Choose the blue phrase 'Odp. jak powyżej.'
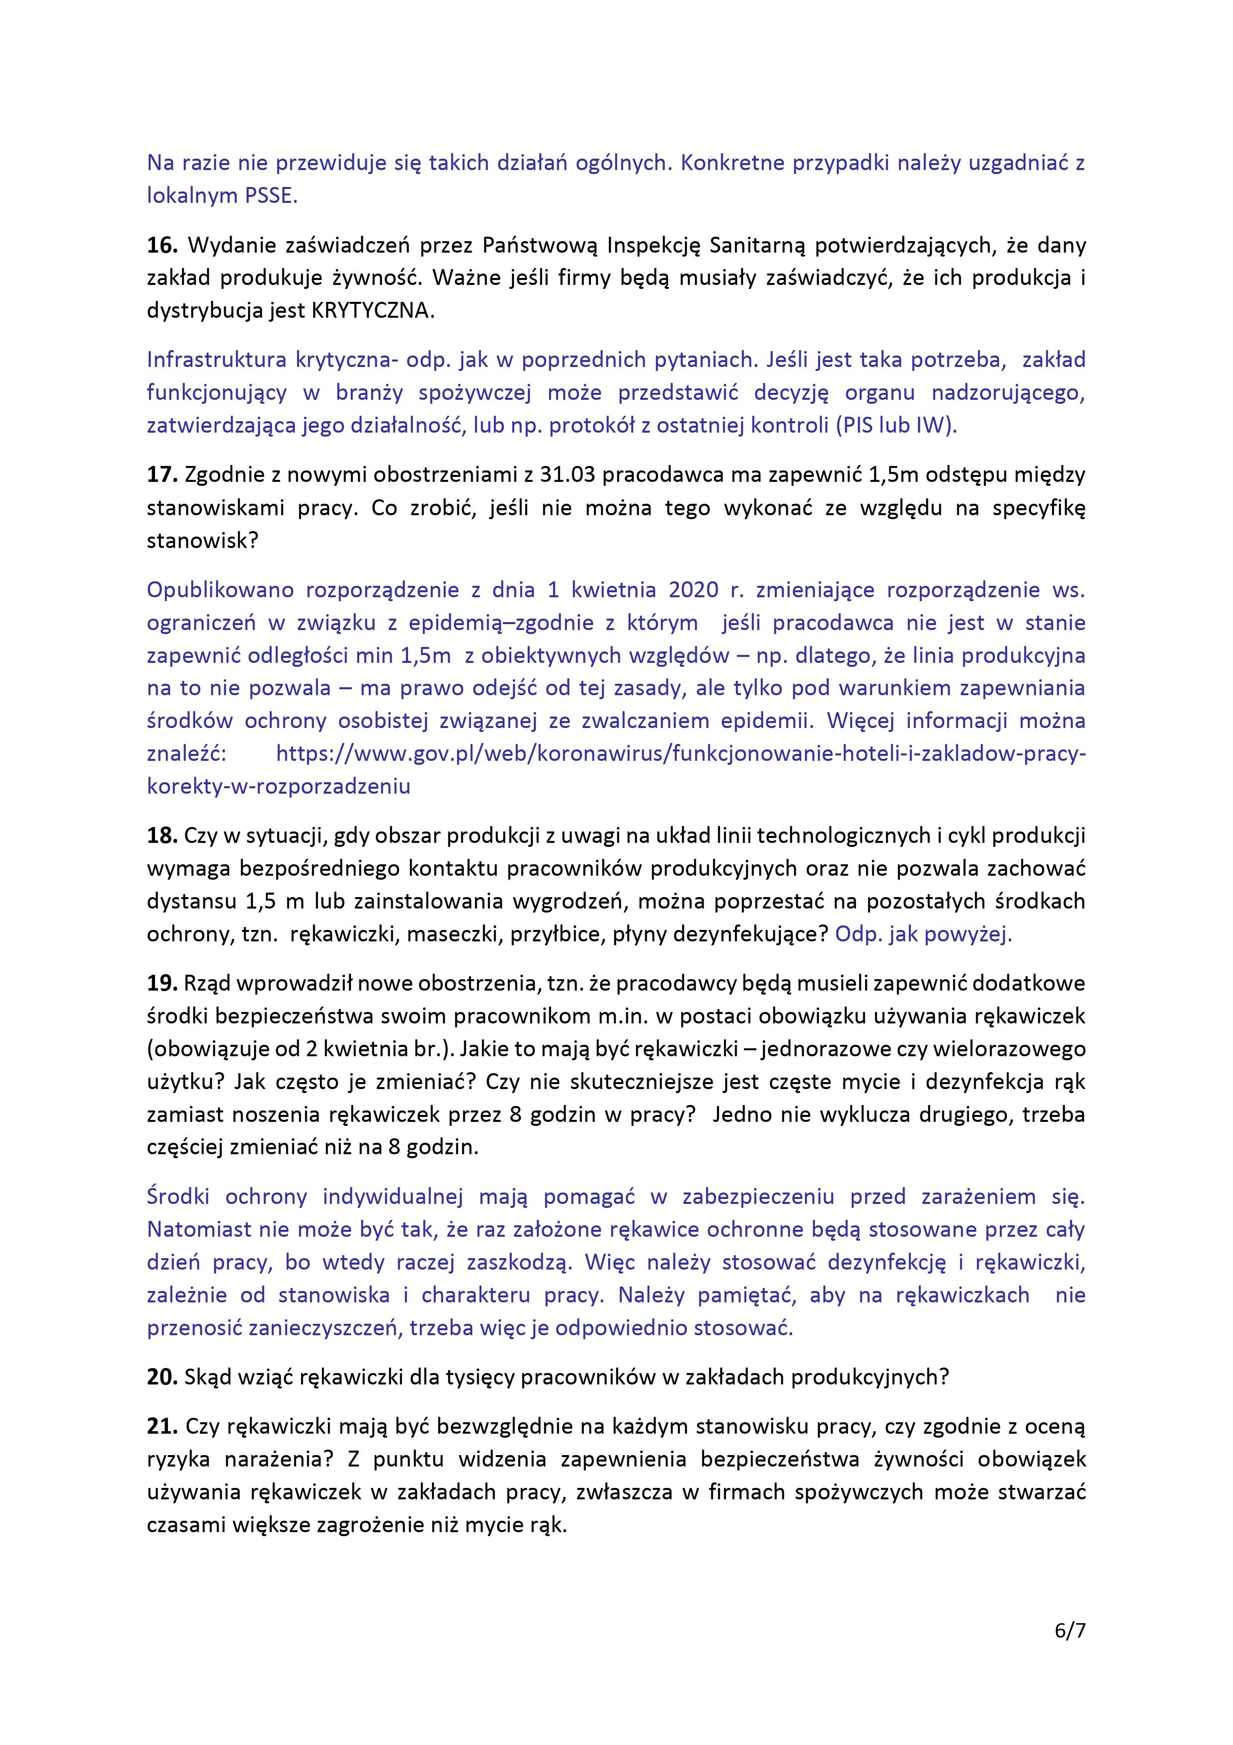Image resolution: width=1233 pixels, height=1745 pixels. pos(923,934)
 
